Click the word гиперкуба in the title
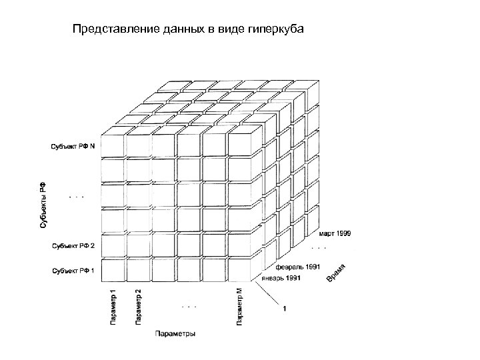[x=277, y=29]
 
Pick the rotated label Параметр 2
[x=138, y=306]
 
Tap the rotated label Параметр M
[x=239, y=306]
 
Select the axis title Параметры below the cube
[x=175, y=333]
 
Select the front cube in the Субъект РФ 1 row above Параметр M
[x=239, y=270]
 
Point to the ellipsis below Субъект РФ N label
[x=77, y=197]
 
